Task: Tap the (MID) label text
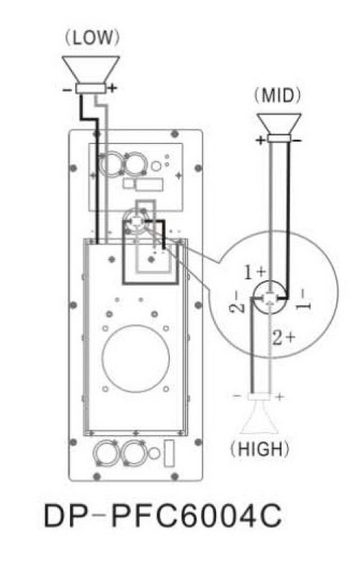[x=278, y=96]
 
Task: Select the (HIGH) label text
[x=260, y=449]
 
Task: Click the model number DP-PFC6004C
[x=163, y=516]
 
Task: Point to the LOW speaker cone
[x=91, y=70]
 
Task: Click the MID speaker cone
[x=279, y=125]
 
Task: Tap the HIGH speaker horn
[x=259, y=417]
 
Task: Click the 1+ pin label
[x=255, y=272]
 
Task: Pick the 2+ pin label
[x=283, y=338]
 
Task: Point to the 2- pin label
[x=235, y=302]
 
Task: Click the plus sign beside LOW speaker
[x=112, y=88]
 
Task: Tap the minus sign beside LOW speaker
[x=67, y=90]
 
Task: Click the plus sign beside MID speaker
[x=260, y=140]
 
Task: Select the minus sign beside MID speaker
[x=297, y=140]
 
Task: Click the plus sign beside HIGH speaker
[x=279, y=397]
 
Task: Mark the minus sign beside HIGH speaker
[x=238, y=396]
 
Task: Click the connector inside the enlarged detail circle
[x=269, y=298]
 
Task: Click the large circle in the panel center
[x=135, y=359]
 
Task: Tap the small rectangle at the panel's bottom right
[x=169, y=453]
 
